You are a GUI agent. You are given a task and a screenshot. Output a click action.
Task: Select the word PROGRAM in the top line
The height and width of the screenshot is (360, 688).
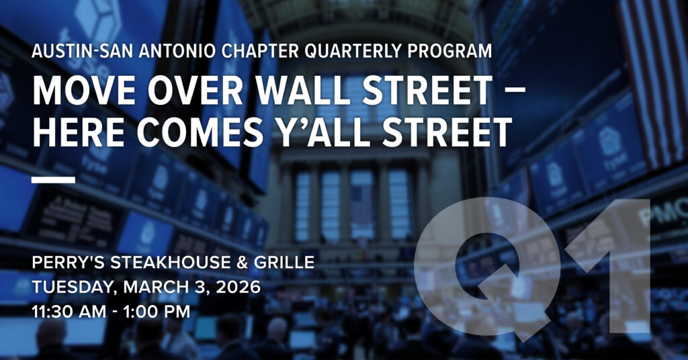449,51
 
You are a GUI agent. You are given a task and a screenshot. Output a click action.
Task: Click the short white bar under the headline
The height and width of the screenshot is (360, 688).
54,180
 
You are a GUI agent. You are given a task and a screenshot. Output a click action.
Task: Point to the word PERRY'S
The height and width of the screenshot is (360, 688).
68,262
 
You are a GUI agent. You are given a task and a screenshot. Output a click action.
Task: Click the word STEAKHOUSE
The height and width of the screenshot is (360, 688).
170,262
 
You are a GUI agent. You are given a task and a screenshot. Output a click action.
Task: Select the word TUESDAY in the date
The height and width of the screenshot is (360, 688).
75,287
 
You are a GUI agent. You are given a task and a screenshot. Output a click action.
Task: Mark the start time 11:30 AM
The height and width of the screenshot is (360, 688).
69,312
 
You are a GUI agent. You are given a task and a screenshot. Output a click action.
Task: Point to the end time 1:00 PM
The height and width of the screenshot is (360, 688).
157,312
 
